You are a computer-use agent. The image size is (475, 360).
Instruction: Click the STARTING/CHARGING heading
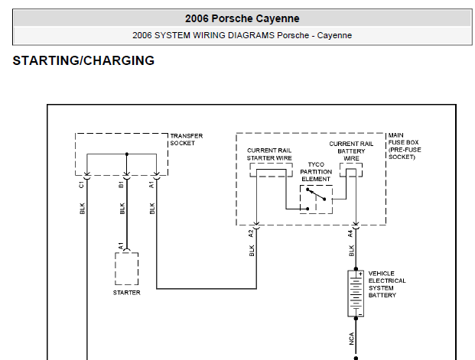[83, 60]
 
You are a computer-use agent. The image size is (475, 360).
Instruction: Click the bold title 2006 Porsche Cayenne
[242, 18]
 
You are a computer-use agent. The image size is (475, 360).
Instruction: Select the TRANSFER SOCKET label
[187, 139]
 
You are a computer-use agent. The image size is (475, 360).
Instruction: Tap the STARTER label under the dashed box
[127, 293]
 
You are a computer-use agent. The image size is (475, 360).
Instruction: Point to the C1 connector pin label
[81, 184]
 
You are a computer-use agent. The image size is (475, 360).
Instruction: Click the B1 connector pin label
[121, 184]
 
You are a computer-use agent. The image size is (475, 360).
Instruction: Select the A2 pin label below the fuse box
[251, 233]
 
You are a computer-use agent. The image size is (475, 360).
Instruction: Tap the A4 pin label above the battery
[350, 233]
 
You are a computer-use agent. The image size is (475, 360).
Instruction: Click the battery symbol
[356, 294]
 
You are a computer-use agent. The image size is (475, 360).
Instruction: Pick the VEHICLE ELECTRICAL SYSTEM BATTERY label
[387, 284]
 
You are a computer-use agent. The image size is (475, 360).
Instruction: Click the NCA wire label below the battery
[351, 339]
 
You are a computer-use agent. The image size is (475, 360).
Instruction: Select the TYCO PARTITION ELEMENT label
[316, 172]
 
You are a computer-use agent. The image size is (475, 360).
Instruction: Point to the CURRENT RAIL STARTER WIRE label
[269, 154]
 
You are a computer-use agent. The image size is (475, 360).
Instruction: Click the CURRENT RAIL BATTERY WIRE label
[351, 151]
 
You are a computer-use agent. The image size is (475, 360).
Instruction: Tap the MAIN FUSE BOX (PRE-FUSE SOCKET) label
[405, 146]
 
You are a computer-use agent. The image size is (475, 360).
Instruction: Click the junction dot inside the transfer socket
[127, 154]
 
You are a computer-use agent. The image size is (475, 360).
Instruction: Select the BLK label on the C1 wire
[82, 209]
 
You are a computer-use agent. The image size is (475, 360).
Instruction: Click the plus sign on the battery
[360, 274]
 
